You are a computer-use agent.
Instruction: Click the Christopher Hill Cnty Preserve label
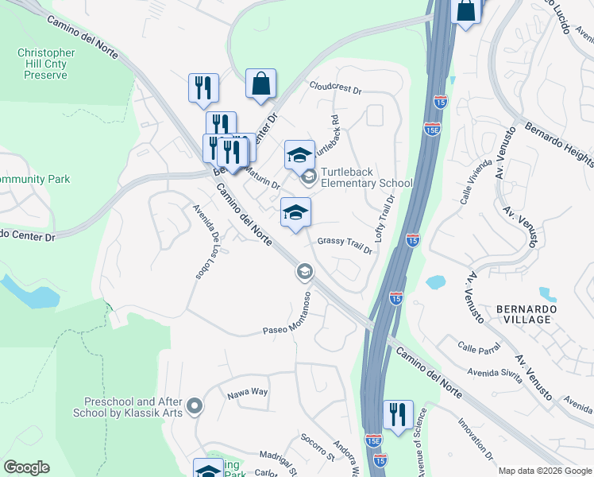pyautogui.click(x=46, y=64)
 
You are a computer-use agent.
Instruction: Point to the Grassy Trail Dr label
pyautogui.click(x=345, y=246)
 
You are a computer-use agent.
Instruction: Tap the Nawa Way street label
pyautogui.click(x=249, y=392)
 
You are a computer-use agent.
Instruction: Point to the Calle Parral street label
pyautogui.click(x=478, y=347)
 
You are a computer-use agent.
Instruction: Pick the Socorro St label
pyautogui.click(x=318, y=448)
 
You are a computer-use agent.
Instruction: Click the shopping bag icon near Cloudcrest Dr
pyautogui.click(x=260, y=83)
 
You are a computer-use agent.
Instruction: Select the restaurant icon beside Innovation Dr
pyautogui.click(x=398, y=415)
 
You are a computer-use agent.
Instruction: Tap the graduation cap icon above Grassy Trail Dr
pyautogui.click(x=295, y=212)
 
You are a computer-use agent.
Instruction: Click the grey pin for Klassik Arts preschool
pyautogui.click(x=196, y=408)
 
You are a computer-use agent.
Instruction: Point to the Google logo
pyautogui.click(x=26, y=467)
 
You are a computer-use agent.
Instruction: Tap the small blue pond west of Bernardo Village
pyautogui.click(x=435, y=282)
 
